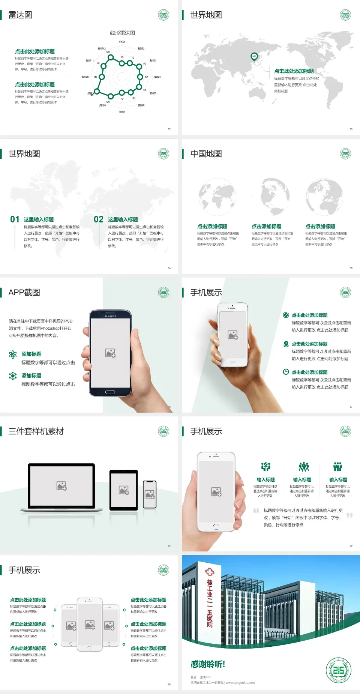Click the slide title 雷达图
(20, 15)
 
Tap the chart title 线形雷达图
(122, 33)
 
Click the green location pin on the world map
(254, 57)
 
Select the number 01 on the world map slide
(15, 219)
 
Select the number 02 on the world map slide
(99, 219)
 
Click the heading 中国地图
(206, 154)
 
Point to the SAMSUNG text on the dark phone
(110, 316)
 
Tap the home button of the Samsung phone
(110, 392)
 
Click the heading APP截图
(24, 293)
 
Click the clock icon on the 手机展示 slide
(286, 372)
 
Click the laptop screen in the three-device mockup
(61, 485)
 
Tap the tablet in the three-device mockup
(124, 490)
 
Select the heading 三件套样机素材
(36, 431)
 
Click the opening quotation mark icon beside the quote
(256, 511)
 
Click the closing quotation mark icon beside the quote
(349, 515)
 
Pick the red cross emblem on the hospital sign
(209, 572)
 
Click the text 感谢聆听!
(208, 664)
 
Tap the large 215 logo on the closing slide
(338, 670)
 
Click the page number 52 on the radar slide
(169, 129)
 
